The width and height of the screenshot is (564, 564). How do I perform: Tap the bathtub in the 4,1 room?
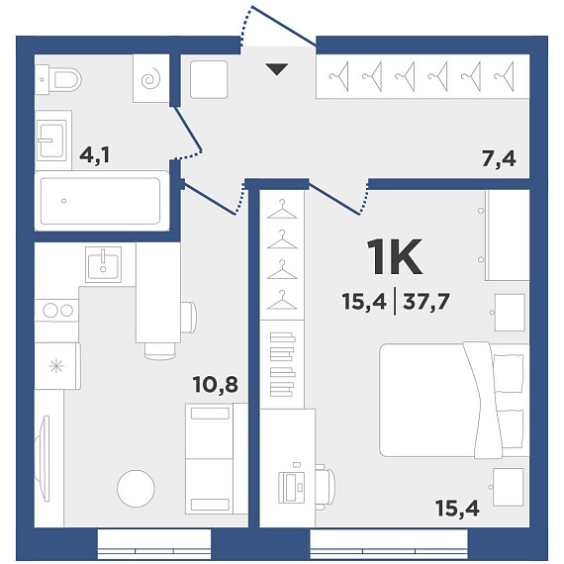(x=102, y=201)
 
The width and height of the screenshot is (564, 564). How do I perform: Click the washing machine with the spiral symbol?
(x=151, y=78)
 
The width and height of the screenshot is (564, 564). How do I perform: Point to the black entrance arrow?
(x=277, y=69)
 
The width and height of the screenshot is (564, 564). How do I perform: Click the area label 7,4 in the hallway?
(x=499, y=159)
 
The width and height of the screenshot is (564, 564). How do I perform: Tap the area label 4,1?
(x=94, y=155)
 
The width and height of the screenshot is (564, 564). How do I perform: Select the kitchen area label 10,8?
(x=215, y=385)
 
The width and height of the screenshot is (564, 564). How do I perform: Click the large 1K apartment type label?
(x=394, y=257)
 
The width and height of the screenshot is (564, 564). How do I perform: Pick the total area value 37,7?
(x=426, y=302)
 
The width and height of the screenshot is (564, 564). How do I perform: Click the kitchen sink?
(x=103, y=264)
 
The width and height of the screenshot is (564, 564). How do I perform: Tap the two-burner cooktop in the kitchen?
(x=56, y=310)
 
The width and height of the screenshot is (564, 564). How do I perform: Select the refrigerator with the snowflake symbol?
(x=57, y=366)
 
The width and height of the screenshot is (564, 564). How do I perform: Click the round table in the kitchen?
(x=136, y=489)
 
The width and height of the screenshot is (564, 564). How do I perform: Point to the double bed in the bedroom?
(x=454, y=400)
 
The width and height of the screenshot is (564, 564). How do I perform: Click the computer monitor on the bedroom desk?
(x=291, y=487)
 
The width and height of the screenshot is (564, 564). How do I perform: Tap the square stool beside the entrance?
(x=209, y=79)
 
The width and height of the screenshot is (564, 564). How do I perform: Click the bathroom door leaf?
(x=188, y=129)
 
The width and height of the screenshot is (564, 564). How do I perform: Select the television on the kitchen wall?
(x=46, y=458)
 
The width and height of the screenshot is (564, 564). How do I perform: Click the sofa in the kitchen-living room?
(x=216, y=458)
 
